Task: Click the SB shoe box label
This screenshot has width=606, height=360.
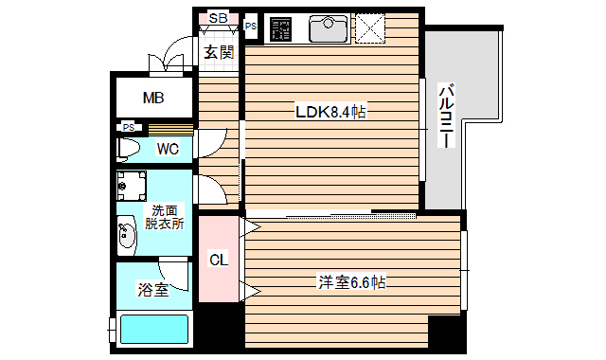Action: (x=218, y=17)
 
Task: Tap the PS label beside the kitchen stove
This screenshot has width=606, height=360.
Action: (x=251, y=27)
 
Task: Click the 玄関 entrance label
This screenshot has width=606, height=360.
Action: (x=219, y=52)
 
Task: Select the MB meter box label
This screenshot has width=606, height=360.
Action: (x=153, y=98)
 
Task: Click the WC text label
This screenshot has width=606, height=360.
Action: (x=168, y=149)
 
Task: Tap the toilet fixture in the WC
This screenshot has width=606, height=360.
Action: (x=130, y=150)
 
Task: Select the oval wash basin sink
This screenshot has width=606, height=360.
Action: (x=126, y=232)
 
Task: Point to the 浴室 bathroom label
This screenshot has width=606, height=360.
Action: (x=153, y=290)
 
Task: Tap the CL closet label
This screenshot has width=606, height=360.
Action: (x=218, y=259)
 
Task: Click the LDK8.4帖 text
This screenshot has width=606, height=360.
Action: (x=330, y=113)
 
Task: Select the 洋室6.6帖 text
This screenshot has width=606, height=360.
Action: (x=350, y=281)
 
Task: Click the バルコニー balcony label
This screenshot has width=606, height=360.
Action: (x=448, y=116)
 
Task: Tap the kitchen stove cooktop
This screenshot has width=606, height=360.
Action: (x=281, y=29)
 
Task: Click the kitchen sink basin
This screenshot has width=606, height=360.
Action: (x=330, y=29)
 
